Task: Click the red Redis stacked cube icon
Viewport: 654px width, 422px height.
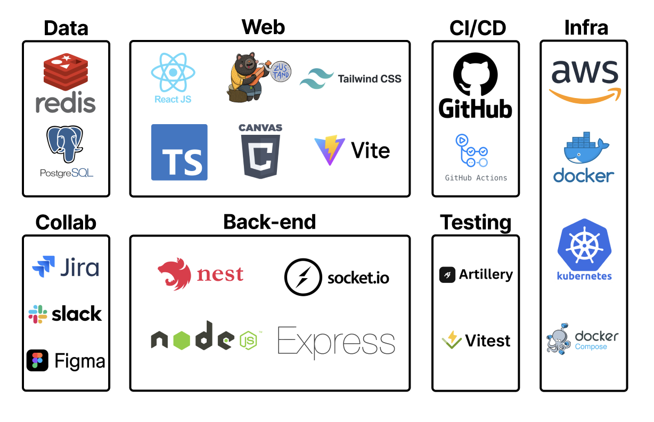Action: click(65, 72)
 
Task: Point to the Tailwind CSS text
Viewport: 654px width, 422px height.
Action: click(369, 79)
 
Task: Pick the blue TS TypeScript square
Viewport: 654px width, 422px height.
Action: click(179, 152)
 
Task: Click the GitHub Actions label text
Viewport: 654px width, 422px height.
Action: click(476, 178)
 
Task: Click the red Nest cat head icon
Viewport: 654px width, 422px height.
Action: click(175, 273)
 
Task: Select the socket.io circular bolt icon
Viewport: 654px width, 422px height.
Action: click(303, 277)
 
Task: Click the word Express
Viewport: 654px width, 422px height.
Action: click(336, 342)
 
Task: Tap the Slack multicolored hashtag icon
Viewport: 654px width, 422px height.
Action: click(38, 314)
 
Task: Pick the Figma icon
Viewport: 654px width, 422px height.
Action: click(37, 361)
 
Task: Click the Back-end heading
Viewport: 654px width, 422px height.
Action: click(269, 222)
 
